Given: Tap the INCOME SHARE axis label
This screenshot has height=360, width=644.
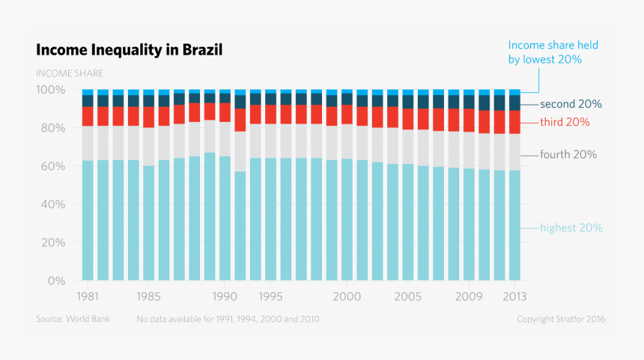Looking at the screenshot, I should pos(70,73).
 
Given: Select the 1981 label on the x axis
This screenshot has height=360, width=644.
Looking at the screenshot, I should pos(88,296).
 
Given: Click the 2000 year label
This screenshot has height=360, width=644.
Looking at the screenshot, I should pos(347,296).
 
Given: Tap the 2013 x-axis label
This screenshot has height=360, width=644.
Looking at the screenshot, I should pos(514,296).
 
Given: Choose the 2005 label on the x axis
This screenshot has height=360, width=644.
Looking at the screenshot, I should pos(407,296).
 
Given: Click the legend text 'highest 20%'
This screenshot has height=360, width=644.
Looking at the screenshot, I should pos(571,228).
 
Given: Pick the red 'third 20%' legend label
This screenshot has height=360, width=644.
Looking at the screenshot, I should pos(564,122).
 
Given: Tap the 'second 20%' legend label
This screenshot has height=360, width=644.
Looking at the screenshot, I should pos(571,104).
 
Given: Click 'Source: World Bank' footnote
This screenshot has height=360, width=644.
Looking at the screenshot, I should pos(73,320).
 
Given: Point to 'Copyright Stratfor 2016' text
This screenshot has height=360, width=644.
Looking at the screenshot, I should pos(561,320).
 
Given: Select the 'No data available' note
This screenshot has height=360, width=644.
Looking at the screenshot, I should pos(228,320).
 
